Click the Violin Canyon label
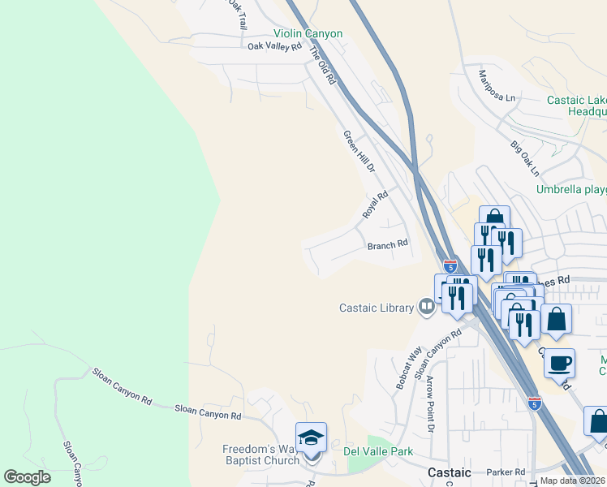(x=308, y=33)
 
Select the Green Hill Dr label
(x=359, y=152)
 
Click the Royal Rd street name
(x=376, y=204)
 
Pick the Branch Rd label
(x=387, y=244)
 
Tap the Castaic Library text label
(x=377, y=307)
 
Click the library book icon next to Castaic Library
(x=426, y=306)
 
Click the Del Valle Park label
(x=378, y=451)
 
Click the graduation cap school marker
(x=311, y=438)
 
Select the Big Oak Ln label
(x=524, y=159)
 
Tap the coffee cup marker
(x=558, y=362)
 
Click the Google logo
(x=28, y=477)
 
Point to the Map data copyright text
(x=572, y=481)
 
